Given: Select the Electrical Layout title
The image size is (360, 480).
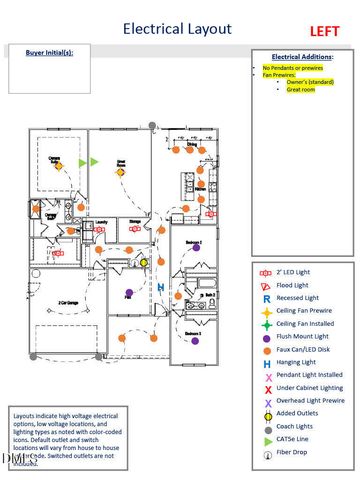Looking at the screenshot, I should pyautogui.click(x=177, y=30).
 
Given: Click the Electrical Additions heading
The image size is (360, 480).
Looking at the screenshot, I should pyautogui.click(x=302, y=57).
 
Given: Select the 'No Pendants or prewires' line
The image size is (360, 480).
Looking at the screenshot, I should pyautogui.click(x=292, y=67).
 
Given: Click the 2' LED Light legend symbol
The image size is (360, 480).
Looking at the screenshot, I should pyautogui.click(x=265, y=272).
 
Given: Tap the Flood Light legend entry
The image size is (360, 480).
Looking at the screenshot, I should pyautogui.click(x=265, y=285).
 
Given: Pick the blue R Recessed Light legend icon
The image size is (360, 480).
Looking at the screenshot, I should pyautogui.click(x=265, y=298).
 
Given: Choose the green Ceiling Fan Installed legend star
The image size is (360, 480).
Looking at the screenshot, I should pyautogui.click(x=265, y=324).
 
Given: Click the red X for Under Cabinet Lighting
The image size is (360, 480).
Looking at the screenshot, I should pyautogui.click(x=265, y=388).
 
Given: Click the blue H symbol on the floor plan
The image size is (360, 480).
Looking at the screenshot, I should pyautogui.click(x=161, y=286).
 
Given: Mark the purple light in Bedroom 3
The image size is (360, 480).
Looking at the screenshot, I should pyautogui.click(x=194, y=340).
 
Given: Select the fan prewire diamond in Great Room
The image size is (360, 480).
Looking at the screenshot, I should pyautogui.click(x=120, y=171).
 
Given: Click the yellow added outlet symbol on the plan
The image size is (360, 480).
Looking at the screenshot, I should pyautogui.click(x=143, y=262).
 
